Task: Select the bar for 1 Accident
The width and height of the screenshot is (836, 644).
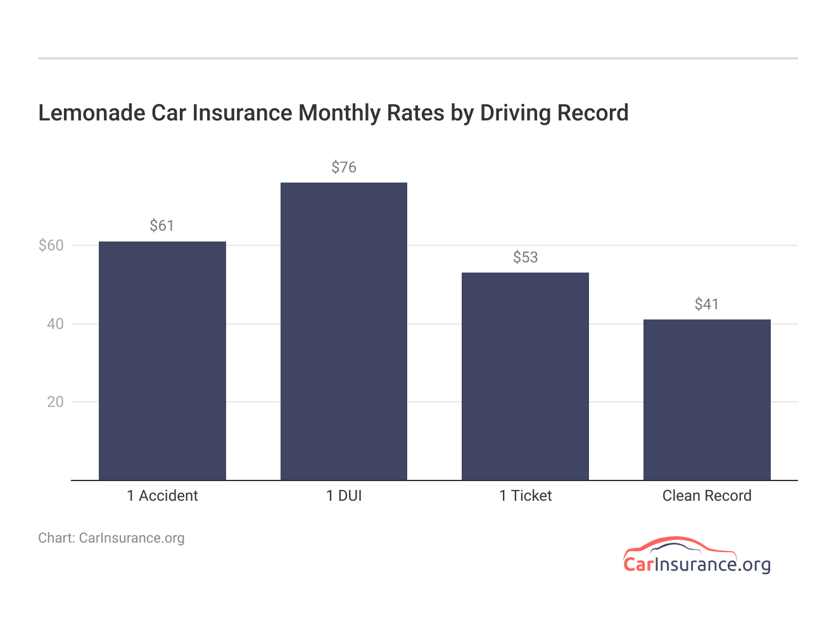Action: coord(162,361)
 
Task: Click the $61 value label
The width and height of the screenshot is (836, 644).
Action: coord(161,226)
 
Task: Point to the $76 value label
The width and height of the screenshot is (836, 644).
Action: coord(344,167)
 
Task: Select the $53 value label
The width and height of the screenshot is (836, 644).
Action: coord(525,257)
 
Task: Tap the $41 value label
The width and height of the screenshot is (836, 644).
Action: coord(707,304)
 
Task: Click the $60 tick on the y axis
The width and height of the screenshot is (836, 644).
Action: coord(51,245)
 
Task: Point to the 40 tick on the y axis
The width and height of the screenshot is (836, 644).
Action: coord(55,324)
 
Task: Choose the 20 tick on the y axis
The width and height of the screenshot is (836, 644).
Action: coord(55,402)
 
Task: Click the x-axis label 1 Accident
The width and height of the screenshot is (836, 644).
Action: coord(162,496)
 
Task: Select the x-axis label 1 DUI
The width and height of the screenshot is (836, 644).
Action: coord(344,496)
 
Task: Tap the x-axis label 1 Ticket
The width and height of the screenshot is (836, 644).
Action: coord(525,496)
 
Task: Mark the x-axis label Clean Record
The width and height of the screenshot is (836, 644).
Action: coord(707,496)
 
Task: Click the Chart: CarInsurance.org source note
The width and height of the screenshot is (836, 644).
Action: coord(111,538)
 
